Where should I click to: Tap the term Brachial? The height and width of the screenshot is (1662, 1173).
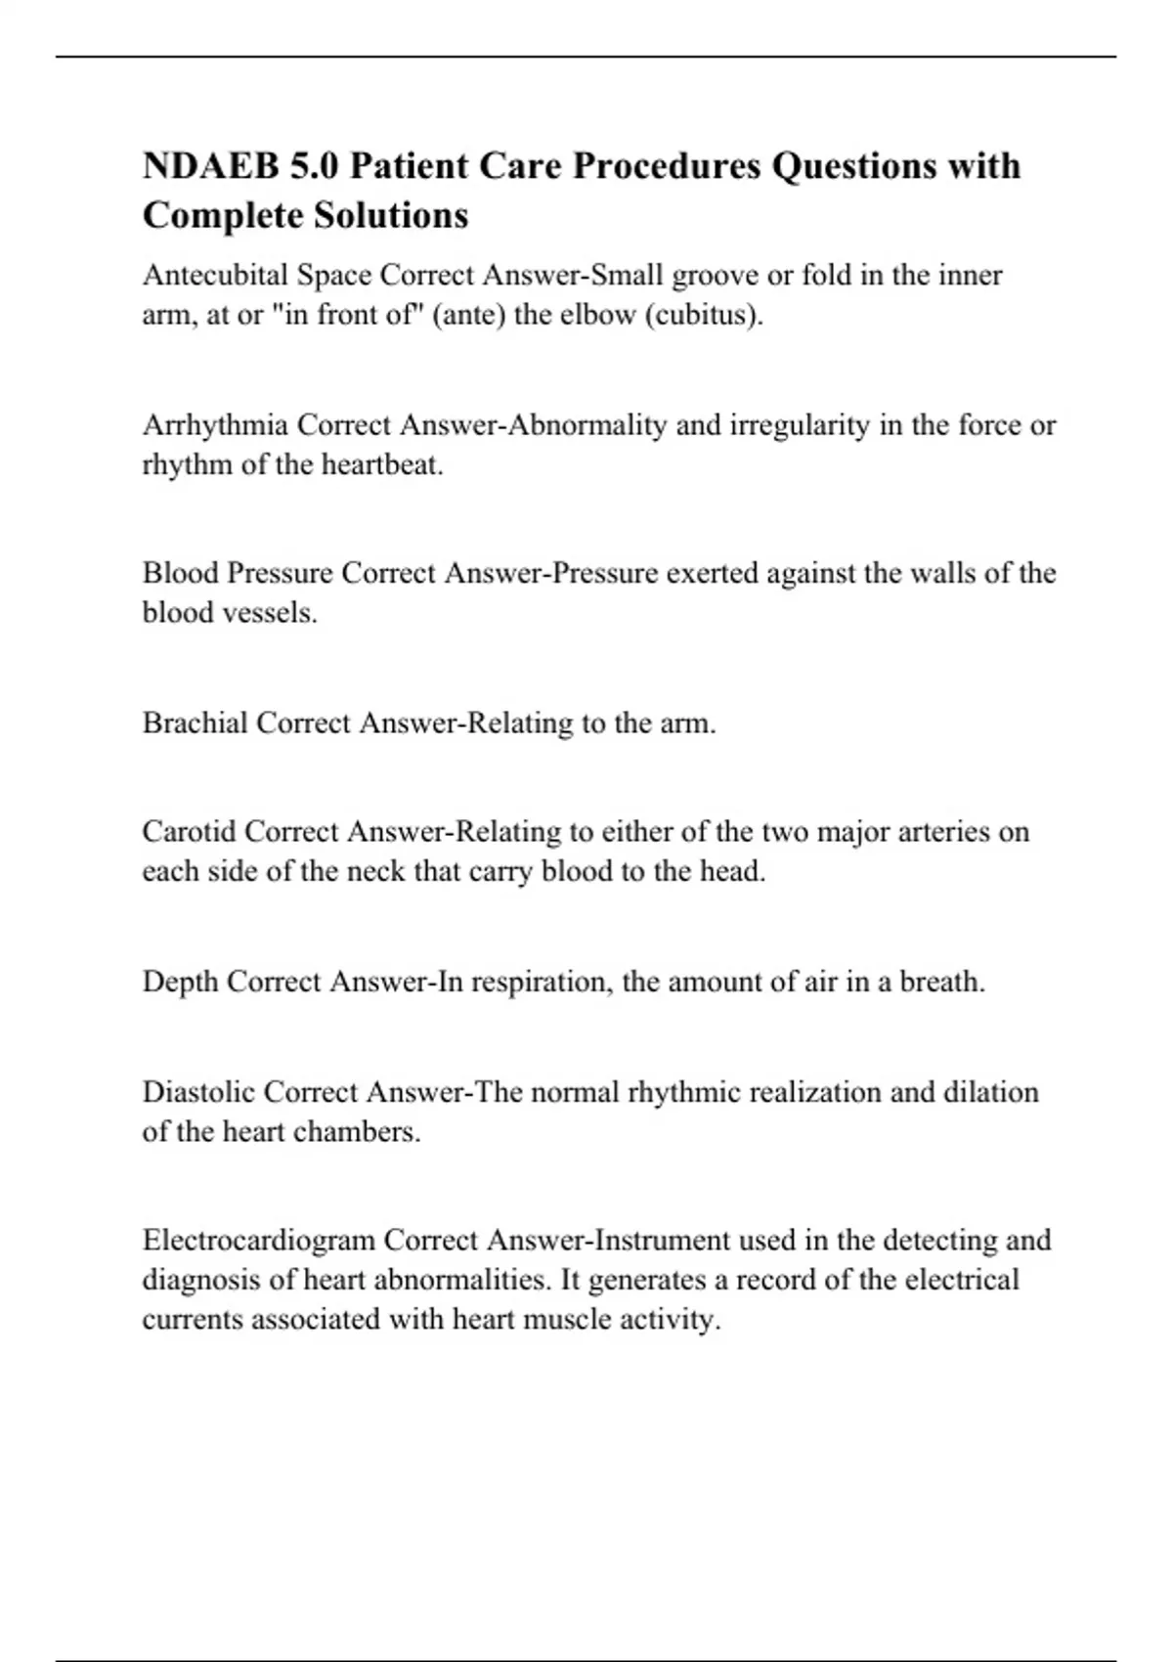195,723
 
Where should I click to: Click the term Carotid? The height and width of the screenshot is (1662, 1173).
189,832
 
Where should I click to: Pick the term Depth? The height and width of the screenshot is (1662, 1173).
180,982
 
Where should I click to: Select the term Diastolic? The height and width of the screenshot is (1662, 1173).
198,1092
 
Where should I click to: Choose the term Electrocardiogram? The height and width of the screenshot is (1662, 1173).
259,1241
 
